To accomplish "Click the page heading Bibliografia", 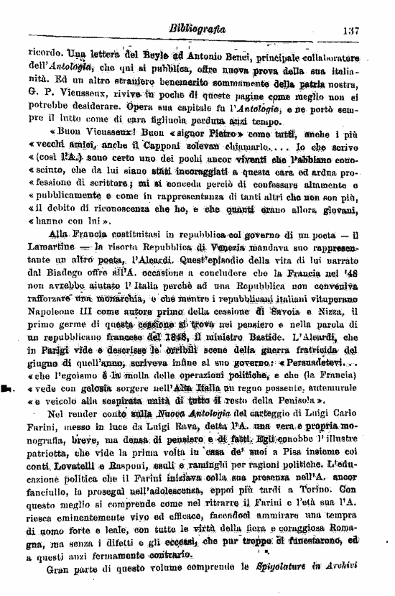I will pos(197,30).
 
